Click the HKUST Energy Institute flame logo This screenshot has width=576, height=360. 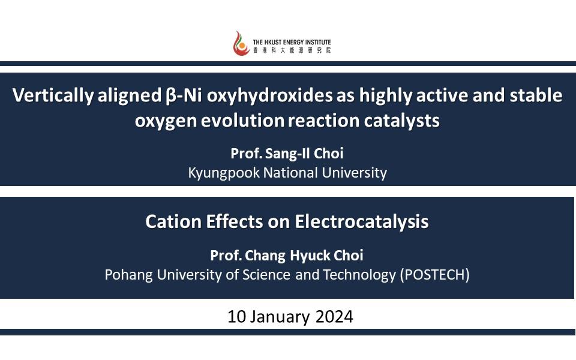pyautogui.click(x=241, y=43)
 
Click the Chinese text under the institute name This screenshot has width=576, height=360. pyautogui.click(x=292, y=50)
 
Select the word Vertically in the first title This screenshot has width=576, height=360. pyautogui.click(x=53, y=95)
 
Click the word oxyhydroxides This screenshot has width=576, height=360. pyautogui.click(x=269, y=95)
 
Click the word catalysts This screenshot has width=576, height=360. pyautogui.click(x=401, y=121)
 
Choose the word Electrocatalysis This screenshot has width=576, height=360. pyautogui.click(x=361, y=222)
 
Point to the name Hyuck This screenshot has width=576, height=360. pyautogui.click(x=311, y=256)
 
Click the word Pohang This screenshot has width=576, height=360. pyautogui.click(x=128, y=275)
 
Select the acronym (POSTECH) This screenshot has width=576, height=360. pyautogui.click(x=434, y=275)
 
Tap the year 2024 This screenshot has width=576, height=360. pyautogui.click(x=334, y=317)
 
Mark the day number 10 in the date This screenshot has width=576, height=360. pyautogui.click(x=236, y=317)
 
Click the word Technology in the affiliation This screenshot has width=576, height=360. pyautogui.click(x=359, y=275)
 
